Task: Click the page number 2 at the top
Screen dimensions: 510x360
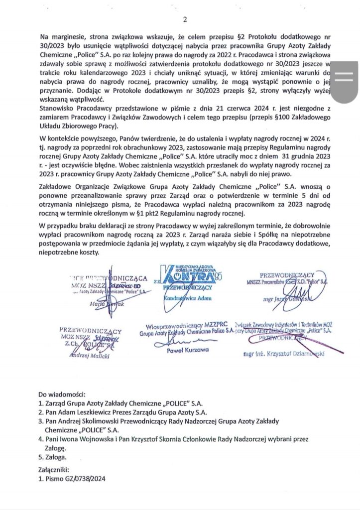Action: (x=184, y=20)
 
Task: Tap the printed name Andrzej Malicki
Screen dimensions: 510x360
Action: (x=89, y=356)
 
